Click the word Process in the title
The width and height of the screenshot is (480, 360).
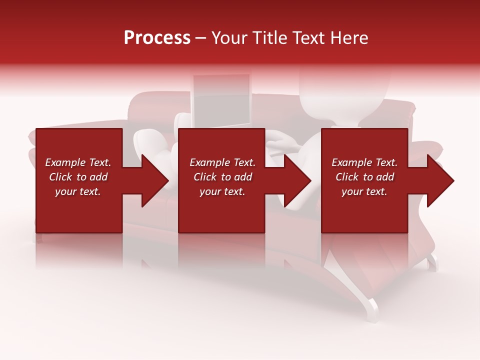coord(157,38)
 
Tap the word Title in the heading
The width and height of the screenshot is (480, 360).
coord(270,38)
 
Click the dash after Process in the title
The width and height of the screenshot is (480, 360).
coord(201,38)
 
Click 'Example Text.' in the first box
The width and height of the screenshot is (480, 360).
coord(78,162)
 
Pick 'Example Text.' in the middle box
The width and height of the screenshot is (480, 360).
coord(222,162)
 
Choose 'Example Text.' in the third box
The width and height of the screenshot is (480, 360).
coord(364,162)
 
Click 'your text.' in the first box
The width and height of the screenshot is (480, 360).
coord(78,191)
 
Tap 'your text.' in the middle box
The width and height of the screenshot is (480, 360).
coord(222,191)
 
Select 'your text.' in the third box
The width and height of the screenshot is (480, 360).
coord(364,191)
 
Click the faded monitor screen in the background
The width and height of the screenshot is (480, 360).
coord(221,100)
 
